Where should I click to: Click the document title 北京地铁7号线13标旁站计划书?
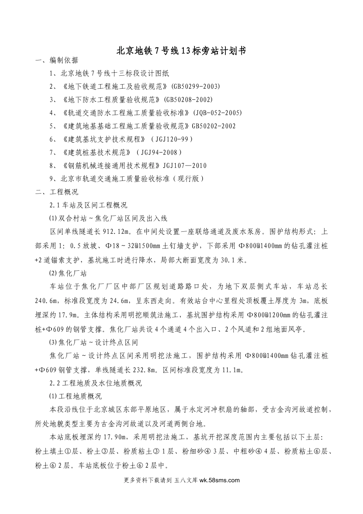click(x=181, y=50)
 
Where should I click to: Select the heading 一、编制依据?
click(x=57, y=60)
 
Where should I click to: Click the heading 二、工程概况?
click(x=57, y=192)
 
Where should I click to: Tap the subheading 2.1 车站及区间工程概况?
click(x=89, y=205)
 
